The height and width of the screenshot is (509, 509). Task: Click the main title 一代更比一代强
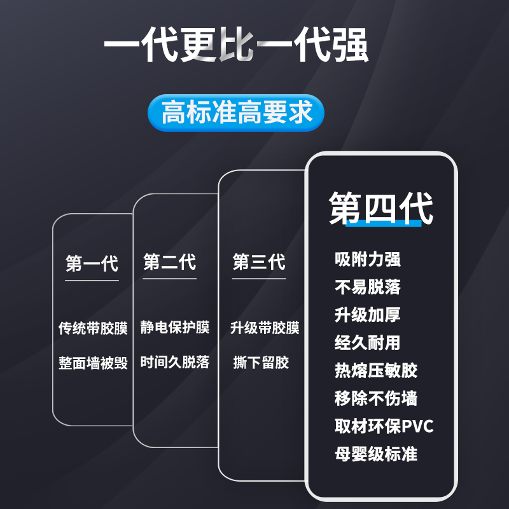(236, 46)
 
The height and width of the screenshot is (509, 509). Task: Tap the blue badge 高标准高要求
(236, 114)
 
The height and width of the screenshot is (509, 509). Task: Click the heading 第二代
(170, 262)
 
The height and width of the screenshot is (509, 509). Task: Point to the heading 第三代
(259, 262)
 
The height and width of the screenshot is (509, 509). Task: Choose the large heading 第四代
(380, 207)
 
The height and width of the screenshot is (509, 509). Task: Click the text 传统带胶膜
(93, 328)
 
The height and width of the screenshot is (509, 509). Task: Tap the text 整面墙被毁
(93, 363)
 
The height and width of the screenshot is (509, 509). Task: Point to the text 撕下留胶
(261, 363)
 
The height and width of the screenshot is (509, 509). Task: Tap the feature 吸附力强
(367, 260)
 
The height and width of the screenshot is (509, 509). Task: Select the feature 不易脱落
(367, 287)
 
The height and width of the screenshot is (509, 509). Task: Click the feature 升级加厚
(367, 315)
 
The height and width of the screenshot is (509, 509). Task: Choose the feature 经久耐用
(367, 343)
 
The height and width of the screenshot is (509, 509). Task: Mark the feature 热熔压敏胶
(375, 370)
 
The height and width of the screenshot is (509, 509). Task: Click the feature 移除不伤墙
(375, 398)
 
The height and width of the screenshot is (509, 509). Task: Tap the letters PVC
(417, 426)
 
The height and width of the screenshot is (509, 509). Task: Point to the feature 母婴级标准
(375, 454)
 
